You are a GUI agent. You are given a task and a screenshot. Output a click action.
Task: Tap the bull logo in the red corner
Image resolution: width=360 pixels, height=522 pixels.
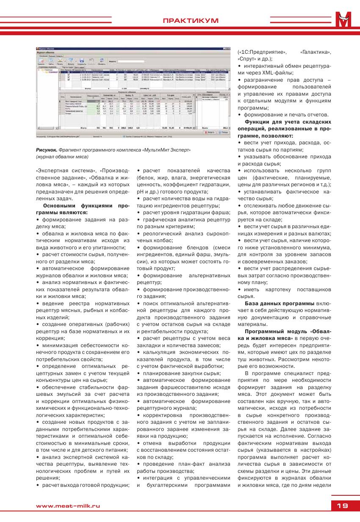345,19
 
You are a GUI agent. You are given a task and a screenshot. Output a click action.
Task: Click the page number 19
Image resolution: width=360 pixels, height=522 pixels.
342,505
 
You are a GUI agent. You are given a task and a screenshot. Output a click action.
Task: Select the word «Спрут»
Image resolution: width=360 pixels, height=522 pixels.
246,59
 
